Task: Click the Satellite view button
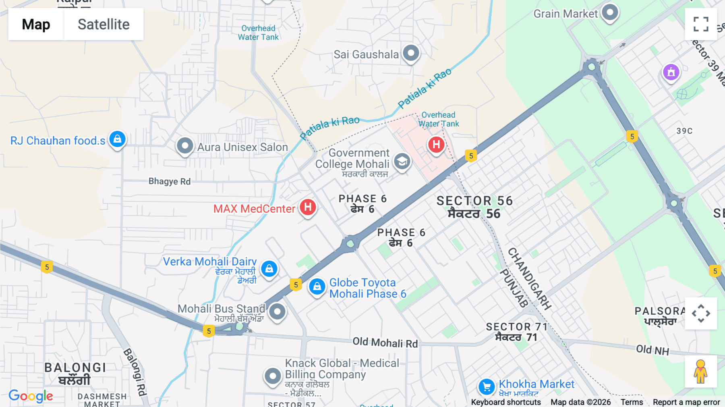coord(104,25)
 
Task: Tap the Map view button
coord(36,25)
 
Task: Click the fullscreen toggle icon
coord(701,24)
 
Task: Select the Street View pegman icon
coord(700,371)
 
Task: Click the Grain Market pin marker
coord(610,12)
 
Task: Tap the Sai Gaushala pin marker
coord(411,53)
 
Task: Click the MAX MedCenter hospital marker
coord(308,208)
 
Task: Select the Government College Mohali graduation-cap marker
coord(402,162)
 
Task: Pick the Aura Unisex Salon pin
coord(185,145)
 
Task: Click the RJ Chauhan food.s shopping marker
coord(117,139)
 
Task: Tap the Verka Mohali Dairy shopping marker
coord(269,268)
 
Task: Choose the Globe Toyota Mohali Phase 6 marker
coord(317,287)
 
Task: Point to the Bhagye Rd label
coord(170,181)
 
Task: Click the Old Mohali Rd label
coord(385,343)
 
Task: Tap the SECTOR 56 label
coord(474,201)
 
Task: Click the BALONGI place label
coord(75,368)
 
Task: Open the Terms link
coord(632,402)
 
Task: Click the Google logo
coord(31,396)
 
